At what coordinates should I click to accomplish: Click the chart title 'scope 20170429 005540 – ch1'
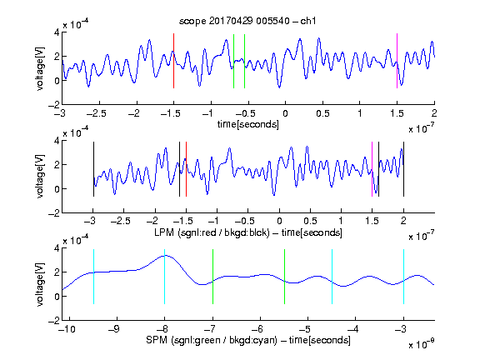247,21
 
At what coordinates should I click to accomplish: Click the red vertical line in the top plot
173,61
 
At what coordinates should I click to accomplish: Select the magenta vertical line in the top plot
397,61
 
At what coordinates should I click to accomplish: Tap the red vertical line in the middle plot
186,169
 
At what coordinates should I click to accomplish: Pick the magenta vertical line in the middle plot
372,169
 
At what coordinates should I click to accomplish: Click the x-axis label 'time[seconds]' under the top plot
248,124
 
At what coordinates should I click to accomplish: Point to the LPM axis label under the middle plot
248,232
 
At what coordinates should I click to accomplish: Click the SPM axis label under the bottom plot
248,340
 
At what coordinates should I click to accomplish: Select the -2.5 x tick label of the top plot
96,113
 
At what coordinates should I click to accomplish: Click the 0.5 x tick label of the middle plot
310,221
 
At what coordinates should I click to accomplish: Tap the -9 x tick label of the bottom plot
113,329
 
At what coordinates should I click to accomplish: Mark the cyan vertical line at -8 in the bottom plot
164,277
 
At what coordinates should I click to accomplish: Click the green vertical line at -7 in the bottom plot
212,277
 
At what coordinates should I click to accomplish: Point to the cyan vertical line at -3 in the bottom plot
403,277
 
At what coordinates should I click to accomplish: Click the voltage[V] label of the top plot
40,68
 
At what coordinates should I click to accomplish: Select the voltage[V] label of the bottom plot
40,285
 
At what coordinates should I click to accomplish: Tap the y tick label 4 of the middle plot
57,141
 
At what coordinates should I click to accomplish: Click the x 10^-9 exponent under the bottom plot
421,344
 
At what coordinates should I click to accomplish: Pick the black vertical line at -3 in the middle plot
93,169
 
